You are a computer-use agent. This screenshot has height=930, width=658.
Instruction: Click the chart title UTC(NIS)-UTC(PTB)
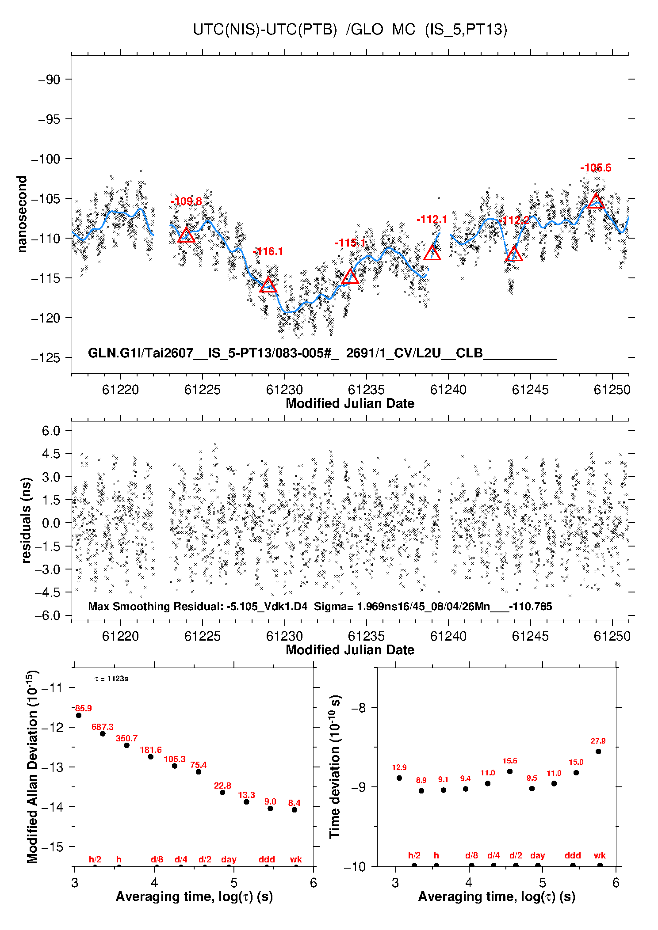point(265,30)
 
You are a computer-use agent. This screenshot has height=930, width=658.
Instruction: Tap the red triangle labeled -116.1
point(268,285)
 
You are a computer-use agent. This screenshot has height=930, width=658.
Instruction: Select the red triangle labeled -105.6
point(596,201)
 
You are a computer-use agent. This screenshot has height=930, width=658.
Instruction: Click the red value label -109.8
point(186,201)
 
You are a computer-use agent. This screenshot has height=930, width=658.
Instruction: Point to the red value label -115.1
point(350,243)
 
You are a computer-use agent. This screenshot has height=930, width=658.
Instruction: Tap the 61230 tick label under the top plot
point(284,390)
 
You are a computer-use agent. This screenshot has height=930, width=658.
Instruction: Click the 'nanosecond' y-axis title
point(22,214)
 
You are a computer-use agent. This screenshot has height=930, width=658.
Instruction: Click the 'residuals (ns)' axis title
point(26,520)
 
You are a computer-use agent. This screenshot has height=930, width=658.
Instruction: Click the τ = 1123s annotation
point(111,679)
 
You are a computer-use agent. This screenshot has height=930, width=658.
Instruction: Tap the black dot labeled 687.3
point(103,734)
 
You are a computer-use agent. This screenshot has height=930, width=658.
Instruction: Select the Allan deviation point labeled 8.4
point(295,810)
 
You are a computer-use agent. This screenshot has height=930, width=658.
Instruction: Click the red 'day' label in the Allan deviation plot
point(229,859)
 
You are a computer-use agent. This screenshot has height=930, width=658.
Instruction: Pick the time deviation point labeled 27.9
point(598,752)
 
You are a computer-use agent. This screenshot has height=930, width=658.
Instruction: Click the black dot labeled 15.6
point(510,771)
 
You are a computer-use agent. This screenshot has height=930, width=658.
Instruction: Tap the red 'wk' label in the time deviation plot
point(600,855)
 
